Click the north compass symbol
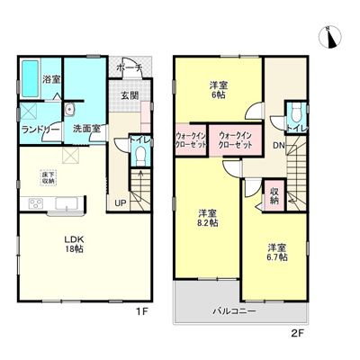(329, 37)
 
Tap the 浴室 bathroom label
(51, 80)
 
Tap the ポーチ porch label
(129, 66)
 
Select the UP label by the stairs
(120, 202)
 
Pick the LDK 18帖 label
(74, 244)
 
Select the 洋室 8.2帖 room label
(207, 219)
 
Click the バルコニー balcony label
(234, 310)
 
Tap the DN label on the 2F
(279, 145)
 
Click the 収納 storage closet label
(274, 197)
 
